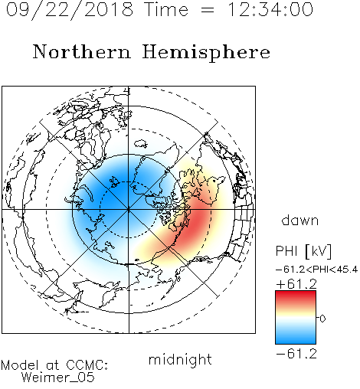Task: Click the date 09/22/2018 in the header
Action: pyautogui.click(x=70, y=10)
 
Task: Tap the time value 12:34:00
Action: pyautogui.click(x=270, y=9)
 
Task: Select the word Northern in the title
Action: pyautogui.click(x=82, y=51)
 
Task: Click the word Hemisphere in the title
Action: pyautogui.click(x=206, y=53)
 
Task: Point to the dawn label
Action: pyautogui.click(x=300, y=221)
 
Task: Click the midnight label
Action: pyautogui.click(x=180, y=359)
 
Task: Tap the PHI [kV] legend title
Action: pyautogui.click(x=303, y=251)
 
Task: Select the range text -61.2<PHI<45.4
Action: pyautogui.click(x=316, y=270)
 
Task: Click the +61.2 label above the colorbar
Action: pyautogui.click(x=296, y=284)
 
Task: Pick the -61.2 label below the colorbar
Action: pyautogui.click(x=296, y=354)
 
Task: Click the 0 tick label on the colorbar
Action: pyautogui.click(x=322, y=319)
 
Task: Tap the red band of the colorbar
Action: pyautogui.click(x=296, y=296)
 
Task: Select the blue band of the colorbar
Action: pyautogui.click(x=296, y=337)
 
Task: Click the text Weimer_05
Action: pyautogui.click(x=58, y=378)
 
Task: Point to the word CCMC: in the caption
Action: pyautogui.click(x=87, y=365)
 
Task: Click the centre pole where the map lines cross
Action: pyautogui.click(x=129, y=209)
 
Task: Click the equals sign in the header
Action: pyautogui.click(x=208, y=10)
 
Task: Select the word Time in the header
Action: pyautogui.click(x=166, y=9)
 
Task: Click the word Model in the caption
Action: pyautogui.click(x=20, y=365)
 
